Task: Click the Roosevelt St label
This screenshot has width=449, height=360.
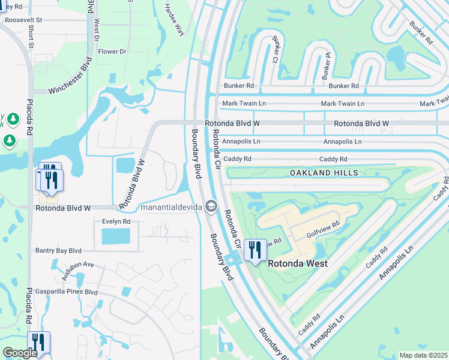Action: (23, 20)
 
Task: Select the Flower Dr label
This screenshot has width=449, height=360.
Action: (112, 52)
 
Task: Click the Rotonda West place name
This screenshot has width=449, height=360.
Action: (297, 263)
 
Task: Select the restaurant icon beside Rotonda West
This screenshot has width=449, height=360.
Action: (255, 249)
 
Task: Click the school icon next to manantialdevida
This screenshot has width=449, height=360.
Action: (211, 206)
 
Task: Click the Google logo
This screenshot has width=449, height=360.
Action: (20, 353)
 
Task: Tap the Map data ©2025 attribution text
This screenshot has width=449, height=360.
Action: (423, 355)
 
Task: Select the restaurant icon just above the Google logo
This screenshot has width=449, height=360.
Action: (38, 342)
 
